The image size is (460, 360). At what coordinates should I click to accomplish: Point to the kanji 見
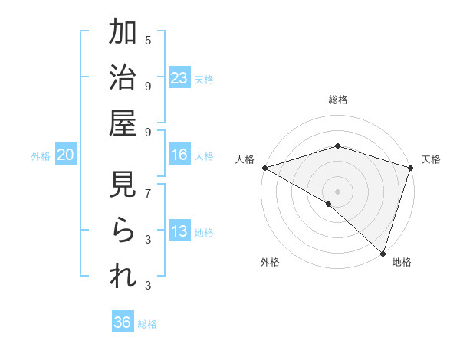pos(123,185)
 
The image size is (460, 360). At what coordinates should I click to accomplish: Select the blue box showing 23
pos(179,78)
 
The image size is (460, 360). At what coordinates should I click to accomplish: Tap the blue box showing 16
pos(179,155)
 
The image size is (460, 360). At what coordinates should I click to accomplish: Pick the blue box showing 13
pos(179,231)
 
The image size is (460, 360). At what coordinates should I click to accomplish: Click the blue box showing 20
pos(66,155)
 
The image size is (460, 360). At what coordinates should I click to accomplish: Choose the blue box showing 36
pos(123,322)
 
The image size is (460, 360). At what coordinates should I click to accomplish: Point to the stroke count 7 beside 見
pos(148,193)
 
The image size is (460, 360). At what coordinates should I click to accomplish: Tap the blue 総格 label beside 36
pos(147,324)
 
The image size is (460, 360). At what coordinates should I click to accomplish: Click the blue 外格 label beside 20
pos(41,156)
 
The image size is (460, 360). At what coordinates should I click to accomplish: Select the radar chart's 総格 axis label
pos(337,100)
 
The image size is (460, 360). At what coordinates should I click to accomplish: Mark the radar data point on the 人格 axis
pos(264,168)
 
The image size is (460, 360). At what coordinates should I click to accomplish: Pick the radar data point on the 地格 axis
pos(382,253)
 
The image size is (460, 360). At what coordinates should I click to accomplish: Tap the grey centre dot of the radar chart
pos(337,191)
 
